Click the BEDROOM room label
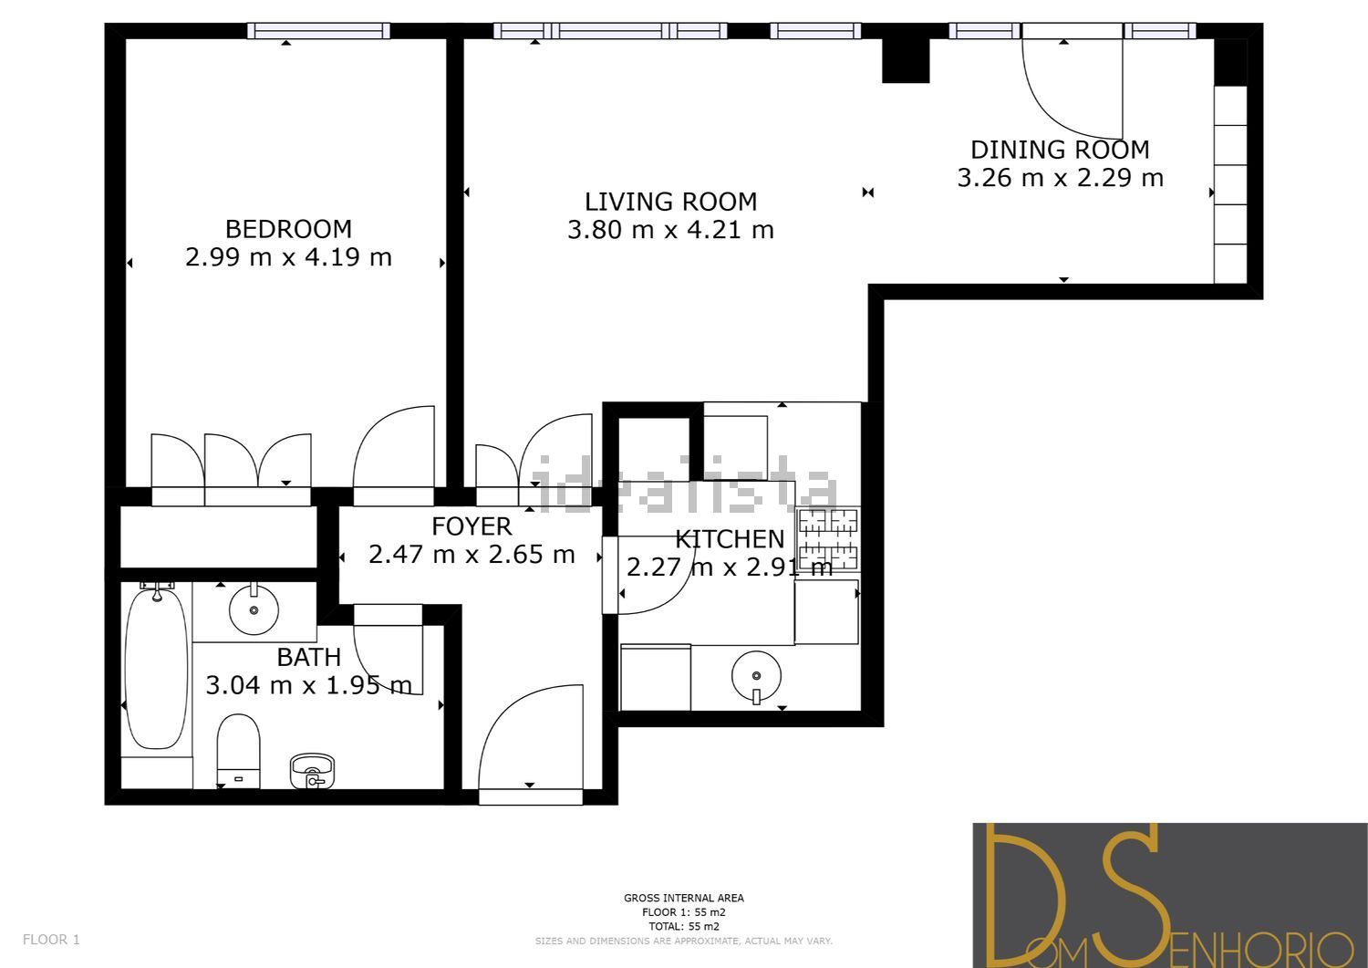pyautogui.click(x=288, y=229)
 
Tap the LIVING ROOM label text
pyautogui.click(x=670, y=202)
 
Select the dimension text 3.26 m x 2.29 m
pyautogui.click(x=1060, y=178)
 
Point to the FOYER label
pyautogui.click(x=472, y=526)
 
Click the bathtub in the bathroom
pyautogui.click(x=156, y=665)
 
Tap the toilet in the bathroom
pyautogui.click(x=239, y=751)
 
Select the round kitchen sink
pyautogui.click(x=757, y=676)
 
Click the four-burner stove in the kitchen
pyautogui.click(x=829, y=539)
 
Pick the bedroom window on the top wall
pyautogui.click(x=318, y=30)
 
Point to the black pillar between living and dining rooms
pyautogui.click(x=906, y=60)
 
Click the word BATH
pyautogui.click(x=308, y=658)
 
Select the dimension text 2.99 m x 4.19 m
pyautogui.click(x=288, y=257)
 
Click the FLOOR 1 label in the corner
pyautogui.click(x=51, y=940)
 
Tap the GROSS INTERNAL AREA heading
pyautogui.click(x=683, y=898)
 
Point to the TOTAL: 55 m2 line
pyautogui.click(x=683, y=926)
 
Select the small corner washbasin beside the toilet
pyautogui.click(x=312, y=771)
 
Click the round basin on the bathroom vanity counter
pyautogui.click(x=254, y=609)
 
